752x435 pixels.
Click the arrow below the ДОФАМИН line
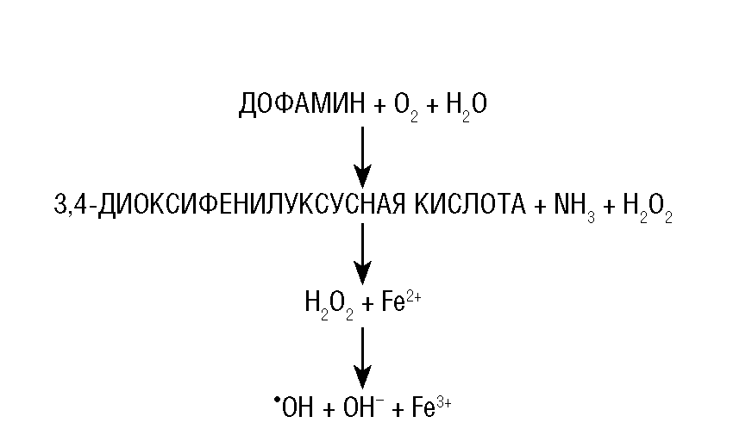click(363, 156)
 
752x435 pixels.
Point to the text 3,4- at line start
click(74, 205)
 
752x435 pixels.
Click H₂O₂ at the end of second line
click(646, 207)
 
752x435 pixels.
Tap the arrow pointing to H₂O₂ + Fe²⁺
click(363, 253)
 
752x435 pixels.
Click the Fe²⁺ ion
click(400, 302)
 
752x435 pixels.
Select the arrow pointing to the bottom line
click(363, 355)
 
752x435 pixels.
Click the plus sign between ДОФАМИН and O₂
click(381, 106)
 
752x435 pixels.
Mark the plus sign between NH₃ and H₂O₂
click(609, 206)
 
